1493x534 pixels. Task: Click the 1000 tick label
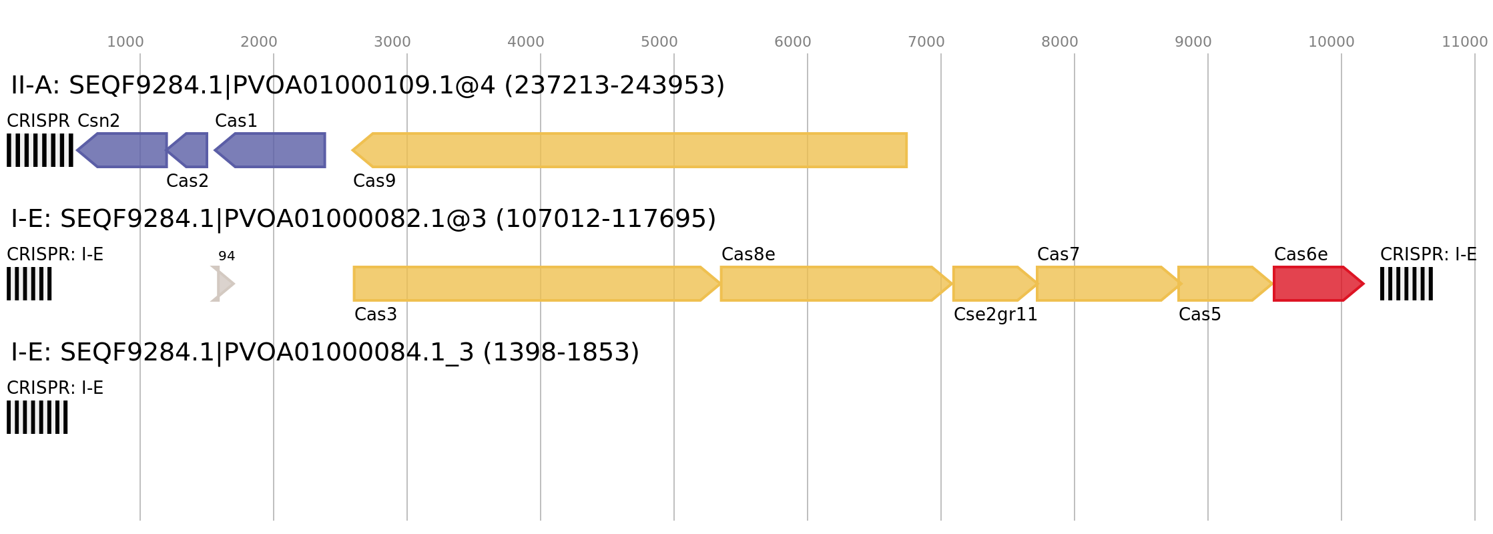coord(125,42)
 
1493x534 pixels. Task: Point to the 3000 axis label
coord(392,42)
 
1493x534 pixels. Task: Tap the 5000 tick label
coord(659,42)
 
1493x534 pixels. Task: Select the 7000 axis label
coord(926,42)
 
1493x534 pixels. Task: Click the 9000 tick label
coord(1193,42)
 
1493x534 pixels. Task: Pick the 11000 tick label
coord(1464,42)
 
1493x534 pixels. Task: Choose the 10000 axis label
coord(1331,42)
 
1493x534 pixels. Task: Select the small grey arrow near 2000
coord(222,284)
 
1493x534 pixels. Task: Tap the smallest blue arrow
coord(190,150)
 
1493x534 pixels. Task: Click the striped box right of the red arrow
coord(1406,284)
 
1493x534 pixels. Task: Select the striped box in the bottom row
coord(37,417)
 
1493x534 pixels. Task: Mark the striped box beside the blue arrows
coord(40,150)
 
